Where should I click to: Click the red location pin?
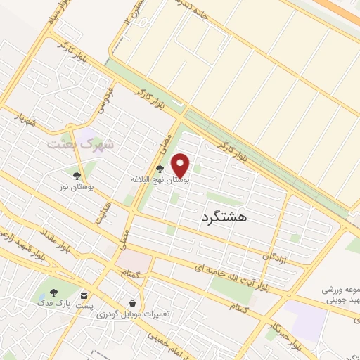pyautogui.click(x=181, y=165)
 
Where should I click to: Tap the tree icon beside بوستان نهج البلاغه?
pyautogui.click(x=161, y=169)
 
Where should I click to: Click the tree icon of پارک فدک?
pyautogui.click(x=55, y=292)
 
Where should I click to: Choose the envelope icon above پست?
pyautogui.click(x=84, y=295)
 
